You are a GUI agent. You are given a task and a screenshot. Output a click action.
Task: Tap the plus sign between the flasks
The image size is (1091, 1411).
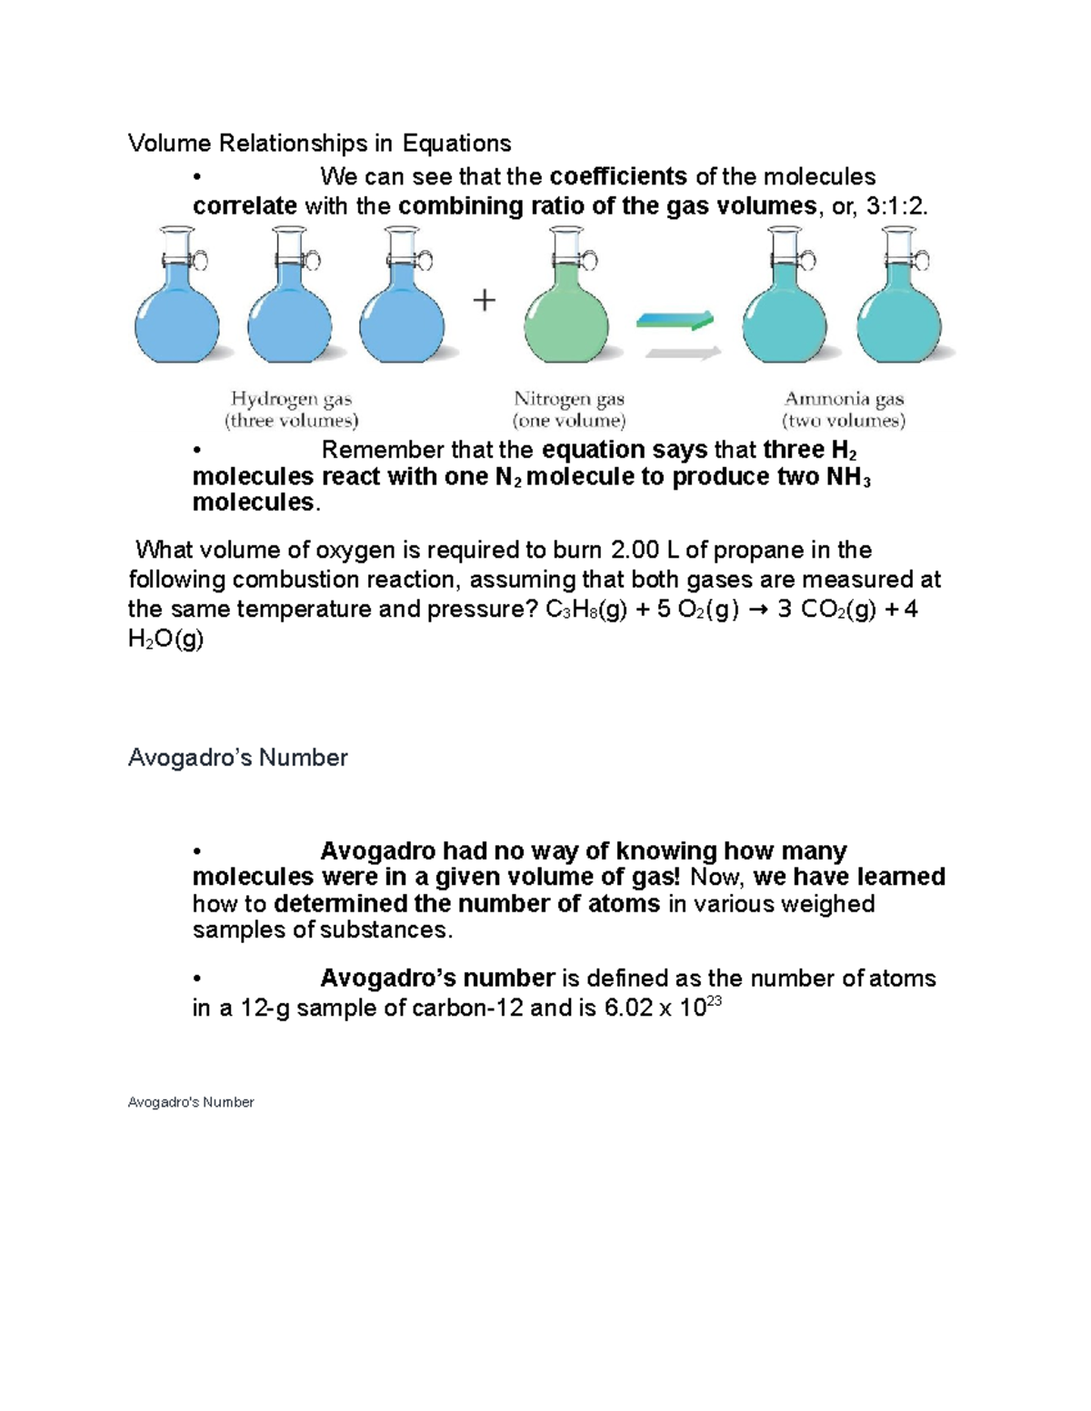point(485,300)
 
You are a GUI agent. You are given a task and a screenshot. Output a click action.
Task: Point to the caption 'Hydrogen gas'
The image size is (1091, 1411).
point(291,399)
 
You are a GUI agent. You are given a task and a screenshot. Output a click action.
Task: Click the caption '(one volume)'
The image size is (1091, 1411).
point(569,421)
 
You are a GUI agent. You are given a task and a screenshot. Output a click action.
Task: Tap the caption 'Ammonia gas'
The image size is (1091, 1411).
point(844,399)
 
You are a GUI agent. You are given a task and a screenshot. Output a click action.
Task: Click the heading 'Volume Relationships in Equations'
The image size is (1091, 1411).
point(319,144)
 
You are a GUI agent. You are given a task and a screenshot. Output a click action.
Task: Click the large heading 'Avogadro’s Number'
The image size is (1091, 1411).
point(237,758)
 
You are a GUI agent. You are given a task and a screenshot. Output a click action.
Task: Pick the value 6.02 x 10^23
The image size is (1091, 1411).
point(662,1007)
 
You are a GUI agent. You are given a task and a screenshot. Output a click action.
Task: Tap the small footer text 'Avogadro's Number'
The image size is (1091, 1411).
point(191,1102)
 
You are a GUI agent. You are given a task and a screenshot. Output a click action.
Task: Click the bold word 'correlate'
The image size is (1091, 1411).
point(245,206)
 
